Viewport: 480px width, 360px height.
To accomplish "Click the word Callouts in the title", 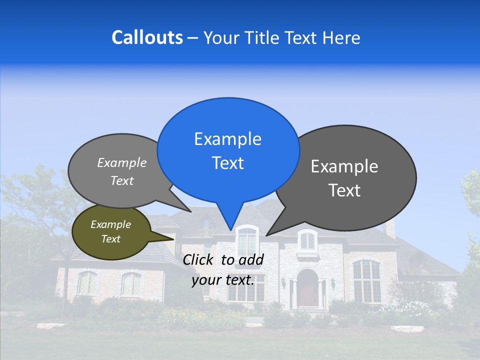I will point(147,37).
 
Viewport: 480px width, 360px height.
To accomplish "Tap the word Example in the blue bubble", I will point(228,139).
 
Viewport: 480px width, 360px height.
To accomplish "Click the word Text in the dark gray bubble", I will point(344,190).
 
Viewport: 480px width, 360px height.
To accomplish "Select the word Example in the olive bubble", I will point(110,224).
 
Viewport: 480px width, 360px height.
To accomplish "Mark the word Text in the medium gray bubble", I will point(122,181).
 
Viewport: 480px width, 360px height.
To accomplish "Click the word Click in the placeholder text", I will point(199,259).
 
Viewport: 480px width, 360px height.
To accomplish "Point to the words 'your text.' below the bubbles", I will point(223,280).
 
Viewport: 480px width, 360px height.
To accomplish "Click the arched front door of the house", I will point(307,289).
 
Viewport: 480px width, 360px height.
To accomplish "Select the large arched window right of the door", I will point(366,280).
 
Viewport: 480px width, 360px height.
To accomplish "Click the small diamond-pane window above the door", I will point(307,241).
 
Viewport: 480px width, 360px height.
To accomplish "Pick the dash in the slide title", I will point(193,37).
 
